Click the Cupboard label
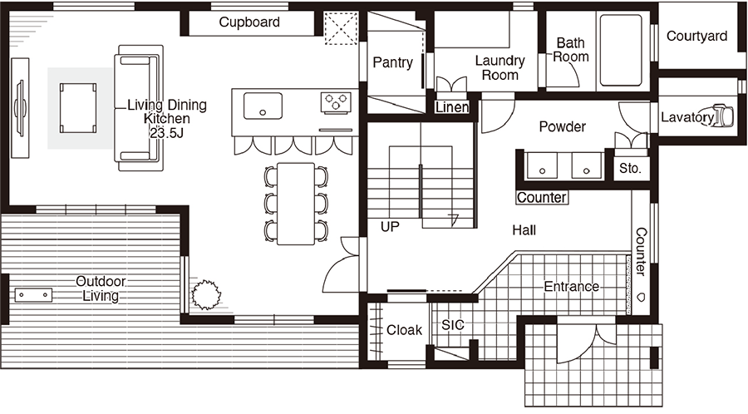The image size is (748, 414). (249, 22)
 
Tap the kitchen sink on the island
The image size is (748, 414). (263, 106)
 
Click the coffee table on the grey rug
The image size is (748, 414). (78, 108)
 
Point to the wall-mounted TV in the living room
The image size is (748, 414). (20, 108)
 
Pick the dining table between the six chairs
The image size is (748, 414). (296, 204)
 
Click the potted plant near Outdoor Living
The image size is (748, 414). (206, 295)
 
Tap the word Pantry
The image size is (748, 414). (392, 62)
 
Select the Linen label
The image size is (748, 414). (452, 107)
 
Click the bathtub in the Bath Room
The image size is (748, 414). (621, 51)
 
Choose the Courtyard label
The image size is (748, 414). (696, 37)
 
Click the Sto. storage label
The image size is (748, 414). (630, 169)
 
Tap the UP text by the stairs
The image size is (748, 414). (390, 227)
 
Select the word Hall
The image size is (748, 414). (524, 230)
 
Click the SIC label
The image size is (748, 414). (453, 325)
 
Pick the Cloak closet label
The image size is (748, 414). (404, 330)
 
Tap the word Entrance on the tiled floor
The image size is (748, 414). (572, 286)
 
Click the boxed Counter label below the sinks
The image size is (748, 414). (542, 198)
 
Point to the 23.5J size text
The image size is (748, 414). (166, 133)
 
